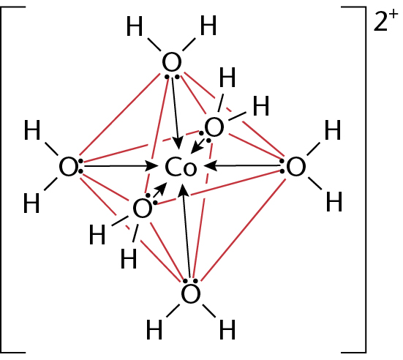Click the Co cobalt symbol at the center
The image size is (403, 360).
click(181, 167)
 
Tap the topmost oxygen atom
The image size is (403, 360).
click(172, 62)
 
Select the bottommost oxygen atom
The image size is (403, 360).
click(190, 294)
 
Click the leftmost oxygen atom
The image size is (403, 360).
click(68, 167)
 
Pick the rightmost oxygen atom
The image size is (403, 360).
click(295, 167)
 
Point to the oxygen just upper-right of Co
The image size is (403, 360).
click(214, 127)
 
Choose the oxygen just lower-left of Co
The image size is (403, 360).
click(142, 209)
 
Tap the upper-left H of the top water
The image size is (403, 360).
click(135, 26)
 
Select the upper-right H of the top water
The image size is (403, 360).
click(208, 25)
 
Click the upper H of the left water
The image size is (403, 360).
click(32, 130)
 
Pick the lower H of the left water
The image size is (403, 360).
click(31, 203)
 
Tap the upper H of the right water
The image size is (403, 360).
click(333, 130)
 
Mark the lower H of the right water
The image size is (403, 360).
click(334, 202)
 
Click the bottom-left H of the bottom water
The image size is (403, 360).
click(154, 329)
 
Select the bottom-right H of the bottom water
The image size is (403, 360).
click(227, 329)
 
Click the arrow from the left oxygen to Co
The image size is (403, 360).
click(121, 166)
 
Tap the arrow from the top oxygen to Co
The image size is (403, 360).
click(176, 113)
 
